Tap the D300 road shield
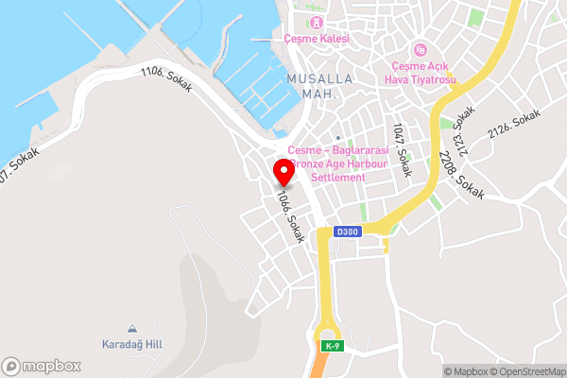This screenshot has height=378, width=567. click(x=348, y=232)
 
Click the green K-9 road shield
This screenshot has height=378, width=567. click(x=329, y=345)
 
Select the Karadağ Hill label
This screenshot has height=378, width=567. click(x=132, y=344)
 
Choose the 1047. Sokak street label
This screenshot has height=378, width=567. click(x=402, y=150)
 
